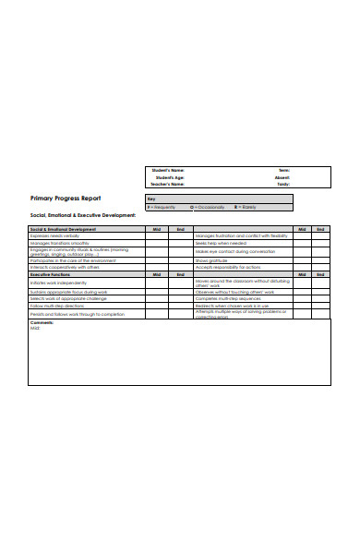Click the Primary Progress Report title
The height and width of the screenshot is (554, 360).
click(66, 199)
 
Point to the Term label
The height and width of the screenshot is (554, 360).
click(284, 170)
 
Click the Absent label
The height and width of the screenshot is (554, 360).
click(282, 177)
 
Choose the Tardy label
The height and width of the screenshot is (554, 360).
click(283, 185)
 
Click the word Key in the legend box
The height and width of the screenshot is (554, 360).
click(151, 199)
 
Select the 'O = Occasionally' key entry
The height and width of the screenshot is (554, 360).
click(208, 207)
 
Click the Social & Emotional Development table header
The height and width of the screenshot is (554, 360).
click(63, 229)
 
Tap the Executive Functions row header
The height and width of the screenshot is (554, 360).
click(52, 274)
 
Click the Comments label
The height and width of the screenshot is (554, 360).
click(42, 322)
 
